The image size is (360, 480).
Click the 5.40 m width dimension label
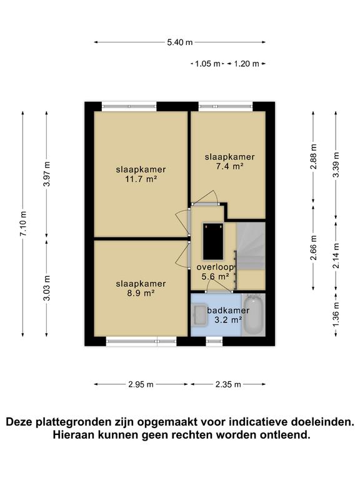(180, 42)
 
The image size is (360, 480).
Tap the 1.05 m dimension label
(208, 64)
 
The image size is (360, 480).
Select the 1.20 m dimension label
(246, 64)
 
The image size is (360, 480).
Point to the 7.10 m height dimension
(24, 222)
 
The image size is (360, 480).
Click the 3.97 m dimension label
(47, 174)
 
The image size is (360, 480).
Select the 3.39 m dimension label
(336, 166)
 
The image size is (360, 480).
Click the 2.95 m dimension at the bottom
(141, 384)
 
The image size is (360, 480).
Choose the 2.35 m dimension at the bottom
(228, 384)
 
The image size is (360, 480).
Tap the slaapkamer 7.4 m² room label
(230, 161)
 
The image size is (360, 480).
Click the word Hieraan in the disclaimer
(73, 435)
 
